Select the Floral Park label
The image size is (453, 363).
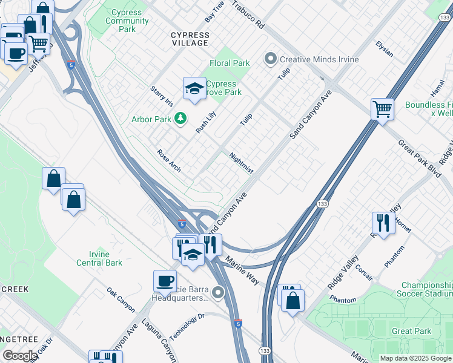coord(230,62)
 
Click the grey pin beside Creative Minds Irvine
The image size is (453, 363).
coord(270,59)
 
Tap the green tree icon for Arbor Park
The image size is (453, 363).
coord(180,119)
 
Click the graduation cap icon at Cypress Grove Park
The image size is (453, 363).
coord(194,89)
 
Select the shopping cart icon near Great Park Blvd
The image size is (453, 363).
coord(382,110)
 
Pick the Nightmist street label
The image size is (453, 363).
coord(242,163)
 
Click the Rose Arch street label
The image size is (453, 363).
coord(168,160)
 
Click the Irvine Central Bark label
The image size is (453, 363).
coord(99,258)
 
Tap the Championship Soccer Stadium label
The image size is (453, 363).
coord(426,289)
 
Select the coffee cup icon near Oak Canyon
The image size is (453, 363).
coord(165,281)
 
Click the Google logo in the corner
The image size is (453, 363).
coord(19,356)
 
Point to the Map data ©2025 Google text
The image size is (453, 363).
coord(415,358)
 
